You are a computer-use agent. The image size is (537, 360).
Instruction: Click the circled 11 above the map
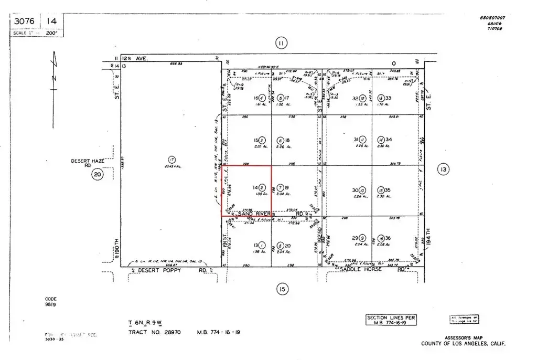pyautogui.click(x=281, y=44)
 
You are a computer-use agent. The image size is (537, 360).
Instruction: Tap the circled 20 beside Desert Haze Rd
pyautogui.click(x=98, y=175)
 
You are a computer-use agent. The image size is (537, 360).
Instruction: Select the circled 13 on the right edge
pyautogui.click(x=443, y=169)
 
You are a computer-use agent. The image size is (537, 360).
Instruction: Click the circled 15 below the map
pyautogui.click(x=282, y=289)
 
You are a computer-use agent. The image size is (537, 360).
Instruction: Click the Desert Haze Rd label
pyautogui.click(x=86, y=163)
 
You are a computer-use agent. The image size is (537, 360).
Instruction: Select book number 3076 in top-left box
pyautogui.click(x=24, y=21)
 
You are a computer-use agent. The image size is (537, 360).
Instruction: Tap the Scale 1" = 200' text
pyautogui.click(x=37, y=33)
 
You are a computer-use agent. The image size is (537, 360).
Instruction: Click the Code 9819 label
pyautogui.click(x=50, y=302)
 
